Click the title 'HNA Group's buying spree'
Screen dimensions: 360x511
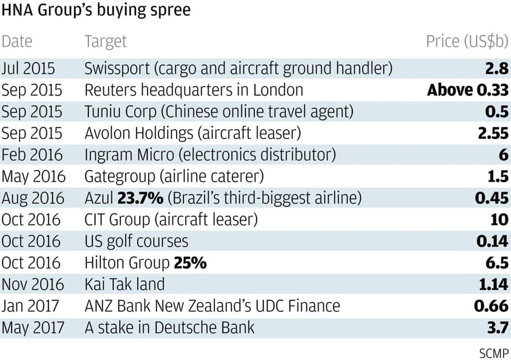[96, 10]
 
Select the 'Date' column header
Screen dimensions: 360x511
[17, 41]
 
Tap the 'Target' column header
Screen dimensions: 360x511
[106, 41]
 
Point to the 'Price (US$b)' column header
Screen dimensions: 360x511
[467, 42]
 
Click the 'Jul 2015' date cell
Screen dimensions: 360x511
[29, 68]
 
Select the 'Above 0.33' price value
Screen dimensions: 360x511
[468, 90]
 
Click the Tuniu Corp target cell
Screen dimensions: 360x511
[219, 112]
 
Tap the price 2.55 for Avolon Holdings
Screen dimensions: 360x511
[492, 133]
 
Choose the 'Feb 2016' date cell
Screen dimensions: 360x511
[32, 155]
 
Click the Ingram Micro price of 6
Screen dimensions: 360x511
[503, 155]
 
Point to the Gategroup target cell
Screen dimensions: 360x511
[174, 177]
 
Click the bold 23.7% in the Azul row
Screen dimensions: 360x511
[140, 198]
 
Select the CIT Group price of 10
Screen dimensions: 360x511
[499, 220]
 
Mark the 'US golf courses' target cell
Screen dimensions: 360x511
[136, 242]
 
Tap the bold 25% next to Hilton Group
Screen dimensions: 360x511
[190, 263]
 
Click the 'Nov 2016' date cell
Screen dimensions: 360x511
[33, 285]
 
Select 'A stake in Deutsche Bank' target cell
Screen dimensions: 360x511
[170, 328]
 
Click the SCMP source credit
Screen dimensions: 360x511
[494, 353]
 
